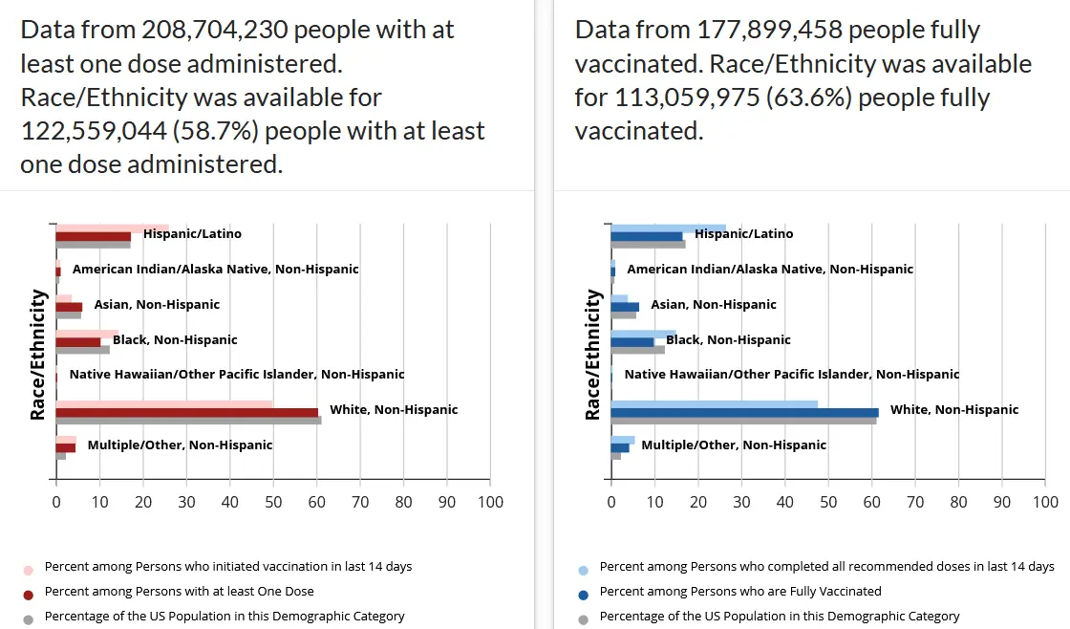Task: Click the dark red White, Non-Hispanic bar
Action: (186, 412)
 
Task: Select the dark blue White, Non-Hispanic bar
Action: (744, 412)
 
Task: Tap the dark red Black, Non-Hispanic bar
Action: (78, 341)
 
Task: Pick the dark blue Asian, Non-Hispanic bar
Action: (625, 307)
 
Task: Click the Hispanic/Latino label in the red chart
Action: (192, 233)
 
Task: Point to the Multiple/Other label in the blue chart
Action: (734, 445)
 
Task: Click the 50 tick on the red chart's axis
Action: (273, 502)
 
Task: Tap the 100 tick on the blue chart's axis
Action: (1045, 502)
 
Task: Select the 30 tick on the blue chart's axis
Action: (741, 502)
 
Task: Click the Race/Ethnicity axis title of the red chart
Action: (38, 356)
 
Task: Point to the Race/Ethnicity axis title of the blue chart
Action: (593, 356)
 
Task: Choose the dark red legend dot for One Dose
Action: (29, 593)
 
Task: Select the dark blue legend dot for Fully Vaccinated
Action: (584, 593)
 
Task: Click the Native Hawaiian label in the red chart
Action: (237, 375)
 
